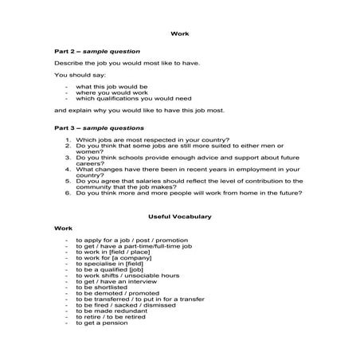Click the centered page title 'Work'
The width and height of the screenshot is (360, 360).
[x=179, y=34]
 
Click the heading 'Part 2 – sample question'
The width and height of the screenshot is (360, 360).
[x=96, y=50]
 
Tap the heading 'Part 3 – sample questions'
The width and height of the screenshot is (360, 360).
[x=99, y=127]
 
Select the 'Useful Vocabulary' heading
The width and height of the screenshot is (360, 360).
[x=179, y=215]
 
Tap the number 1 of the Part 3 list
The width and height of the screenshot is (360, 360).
[x=68, y=139]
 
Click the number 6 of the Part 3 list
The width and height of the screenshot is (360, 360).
[x=68, y=192]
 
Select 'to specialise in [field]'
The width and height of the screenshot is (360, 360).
[x=104, y=262]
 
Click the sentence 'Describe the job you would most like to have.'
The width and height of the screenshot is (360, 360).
[x=127, y=62]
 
